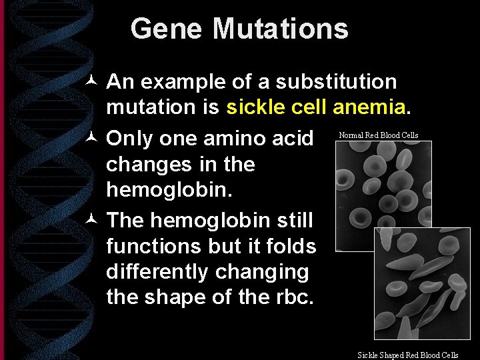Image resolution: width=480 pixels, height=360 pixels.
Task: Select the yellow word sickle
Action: pos(256,107)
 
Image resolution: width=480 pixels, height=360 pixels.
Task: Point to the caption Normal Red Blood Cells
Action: pos(379,135)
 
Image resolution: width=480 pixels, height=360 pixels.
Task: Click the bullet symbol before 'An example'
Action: pos(93,83)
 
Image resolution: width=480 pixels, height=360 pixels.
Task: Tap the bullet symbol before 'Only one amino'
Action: pos(93,139)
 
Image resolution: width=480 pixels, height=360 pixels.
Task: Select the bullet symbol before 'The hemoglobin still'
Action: pos(93,219)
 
